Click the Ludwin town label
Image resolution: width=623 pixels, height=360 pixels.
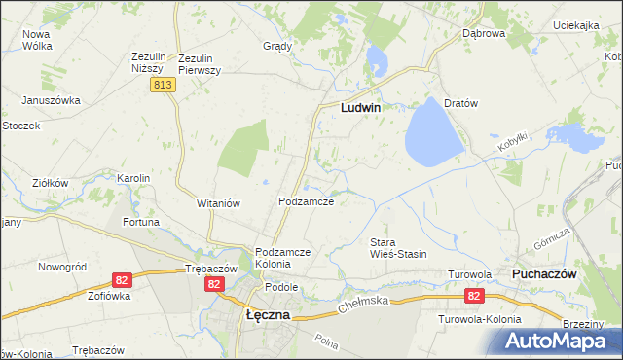359,109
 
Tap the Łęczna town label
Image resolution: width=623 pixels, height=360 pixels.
263,315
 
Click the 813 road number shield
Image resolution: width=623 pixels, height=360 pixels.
163,86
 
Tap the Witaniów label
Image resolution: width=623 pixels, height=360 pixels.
219,201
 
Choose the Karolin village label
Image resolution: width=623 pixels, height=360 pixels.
133,178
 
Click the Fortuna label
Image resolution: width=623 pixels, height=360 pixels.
140,222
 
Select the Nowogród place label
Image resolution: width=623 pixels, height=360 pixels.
62,267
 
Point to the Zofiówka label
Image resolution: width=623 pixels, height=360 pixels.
110,295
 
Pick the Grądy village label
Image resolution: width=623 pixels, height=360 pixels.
277,46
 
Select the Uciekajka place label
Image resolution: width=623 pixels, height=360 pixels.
574,26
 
